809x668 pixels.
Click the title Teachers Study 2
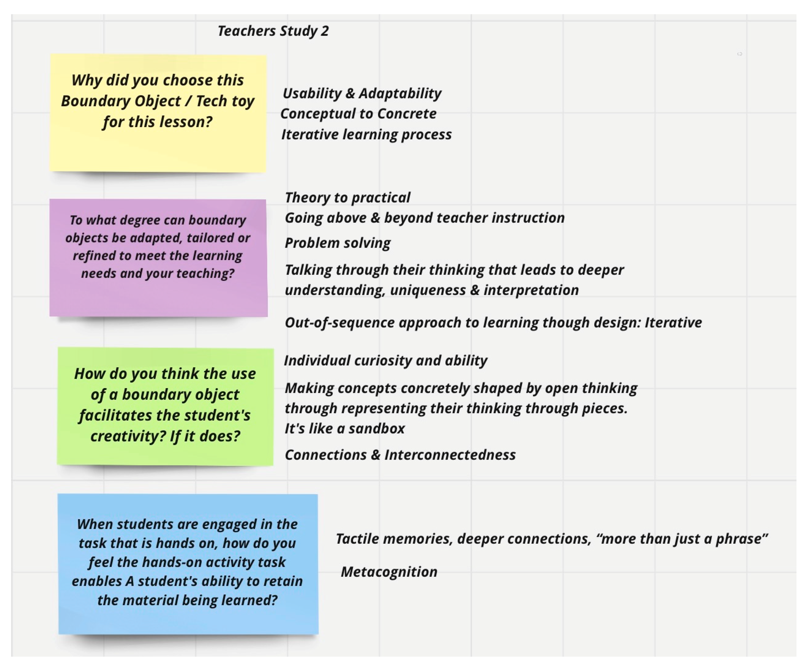[273, 31]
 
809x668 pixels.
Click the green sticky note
[165, 454]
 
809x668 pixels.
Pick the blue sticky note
[189, 620]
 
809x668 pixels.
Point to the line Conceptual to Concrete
[358, 114]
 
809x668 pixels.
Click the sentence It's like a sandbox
[345, 429]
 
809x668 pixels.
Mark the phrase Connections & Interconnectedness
[400, 455]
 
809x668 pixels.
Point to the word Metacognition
[389, 572]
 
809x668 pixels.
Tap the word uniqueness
[428, 290]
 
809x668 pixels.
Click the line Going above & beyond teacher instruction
[424, 218]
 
